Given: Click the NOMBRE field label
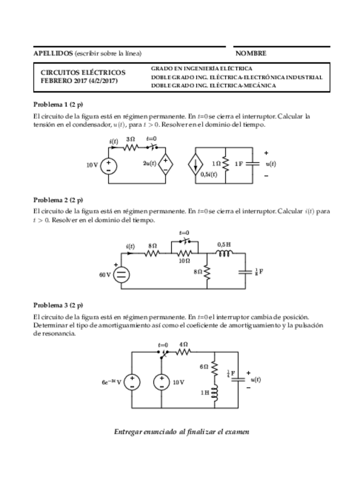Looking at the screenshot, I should (x=251, y=53).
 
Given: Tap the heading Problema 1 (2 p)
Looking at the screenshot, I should (x=58, y=105).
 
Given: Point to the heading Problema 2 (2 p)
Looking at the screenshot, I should (x=58, y=200).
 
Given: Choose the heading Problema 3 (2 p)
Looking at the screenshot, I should (x=58, y=304).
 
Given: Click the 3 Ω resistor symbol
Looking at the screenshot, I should (x=131, y=147).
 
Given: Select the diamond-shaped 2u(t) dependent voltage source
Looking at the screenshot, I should (x=166, y=164).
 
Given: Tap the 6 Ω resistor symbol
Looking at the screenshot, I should (x=215, y=367).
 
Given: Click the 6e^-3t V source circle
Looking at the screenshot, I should (x=132, y=382).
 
